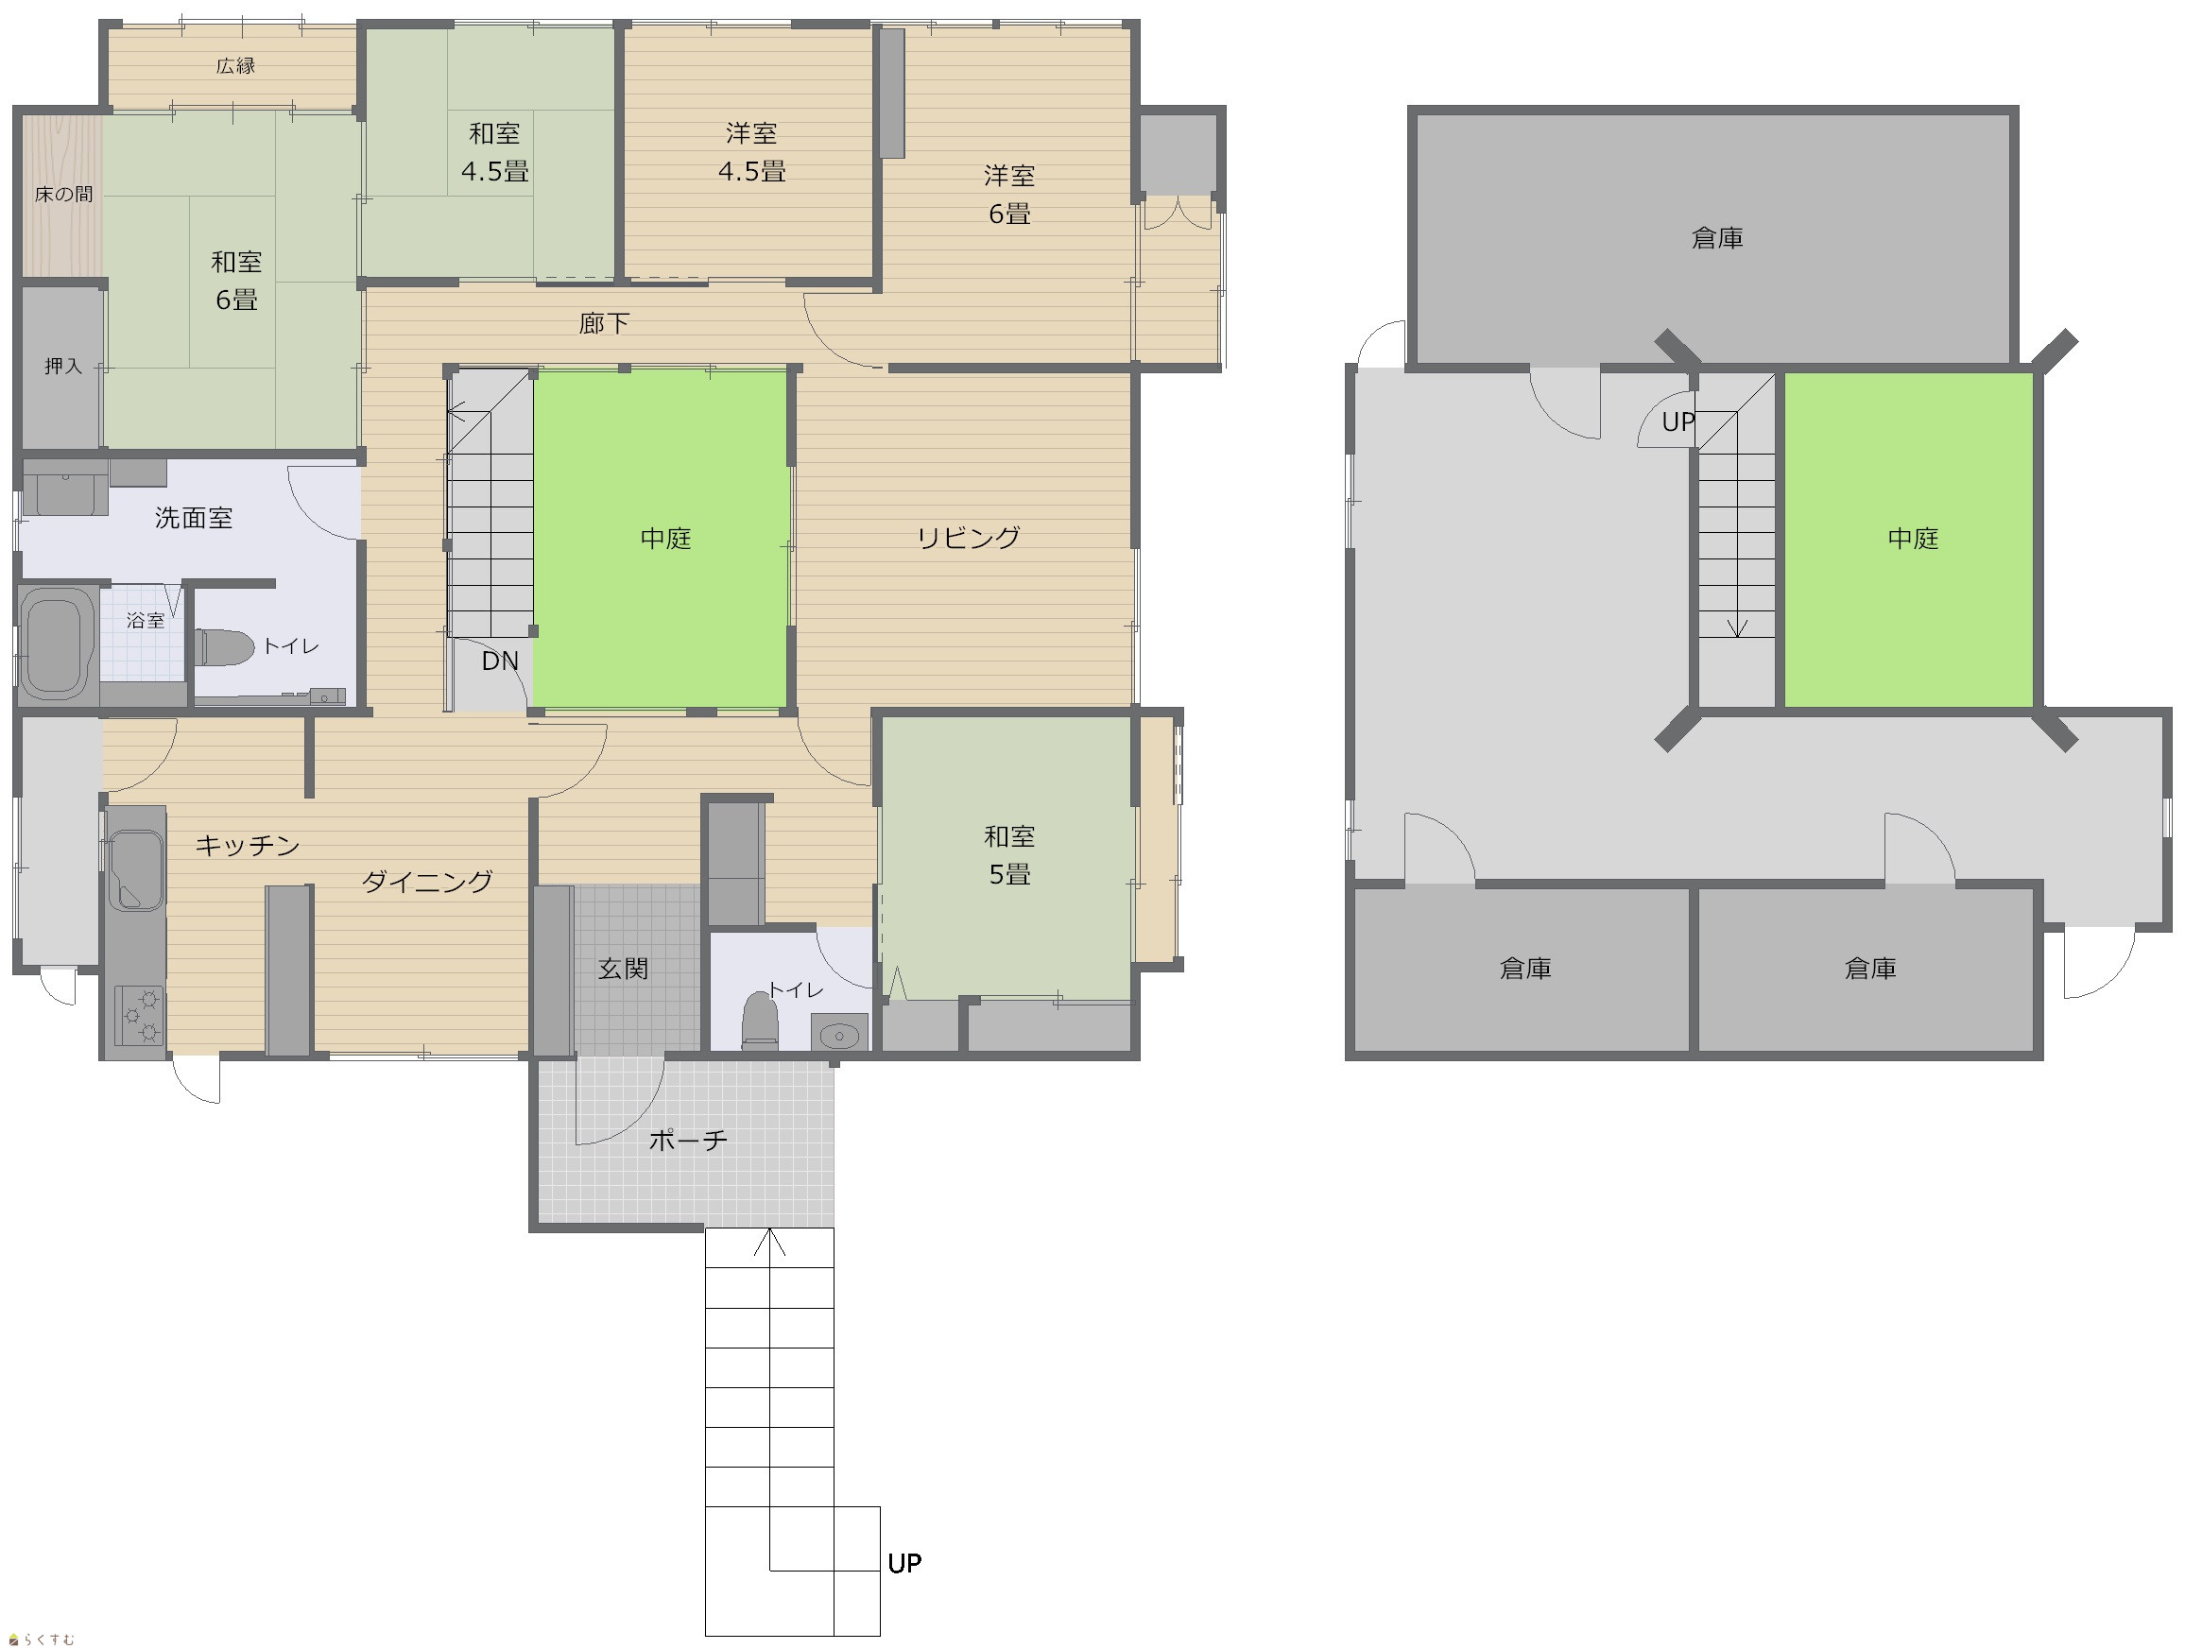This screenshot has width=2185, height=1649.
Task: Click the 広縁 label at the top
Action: (x=236, y=66)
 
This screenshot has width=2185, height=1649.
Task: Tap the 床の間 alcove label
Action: (x=63, y=195)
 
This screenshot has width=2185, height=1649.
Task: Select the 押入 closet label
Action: (x=63, y=367)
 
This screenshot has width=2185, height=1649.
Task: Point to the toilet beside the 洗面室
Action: (x=225, y=647)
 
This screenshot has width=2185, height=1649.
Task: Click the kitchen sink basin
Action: (x=134, y=869)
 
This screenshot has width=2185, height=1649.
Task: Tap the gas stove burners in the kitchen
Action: (x=139, y=1015)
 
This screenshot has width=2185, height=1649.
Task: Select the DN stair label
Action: (x=500, y=661)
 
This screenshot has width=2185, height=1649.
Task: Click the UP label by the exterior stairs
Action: (x=904, y=1563)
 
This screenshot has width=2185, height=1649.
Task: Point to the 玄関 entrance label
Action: (x=624, y=969)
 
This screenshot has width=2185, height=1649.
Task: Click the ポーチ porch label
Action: (x=689, y=1141)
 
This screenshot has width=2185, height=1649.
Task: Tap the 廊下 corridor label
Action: (x=605, y=323)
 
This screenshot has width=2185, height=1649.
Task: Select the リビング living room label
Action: (x=968, y=538)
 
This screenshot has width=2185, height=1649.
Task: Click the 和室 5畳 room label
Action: (x=1009, y=855)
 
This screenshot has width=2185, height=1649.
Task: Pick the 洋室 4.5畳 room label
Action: (x=751, y=152)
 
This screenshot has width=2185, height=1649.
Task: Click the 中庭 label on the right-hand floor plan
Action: (x=1914, y=538)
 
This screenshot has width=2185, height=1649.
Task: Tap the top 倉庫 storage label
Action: (x=1718, y=238)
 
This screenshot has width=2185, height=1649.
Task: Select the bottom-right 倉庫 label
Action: (x=1871, y=969)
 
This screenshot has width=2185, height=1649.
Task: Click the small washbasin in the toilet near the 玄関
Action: (x=840, y=1035)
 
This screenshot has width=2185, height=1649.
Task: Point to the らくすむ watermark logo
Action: (x=42, y=1640)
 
